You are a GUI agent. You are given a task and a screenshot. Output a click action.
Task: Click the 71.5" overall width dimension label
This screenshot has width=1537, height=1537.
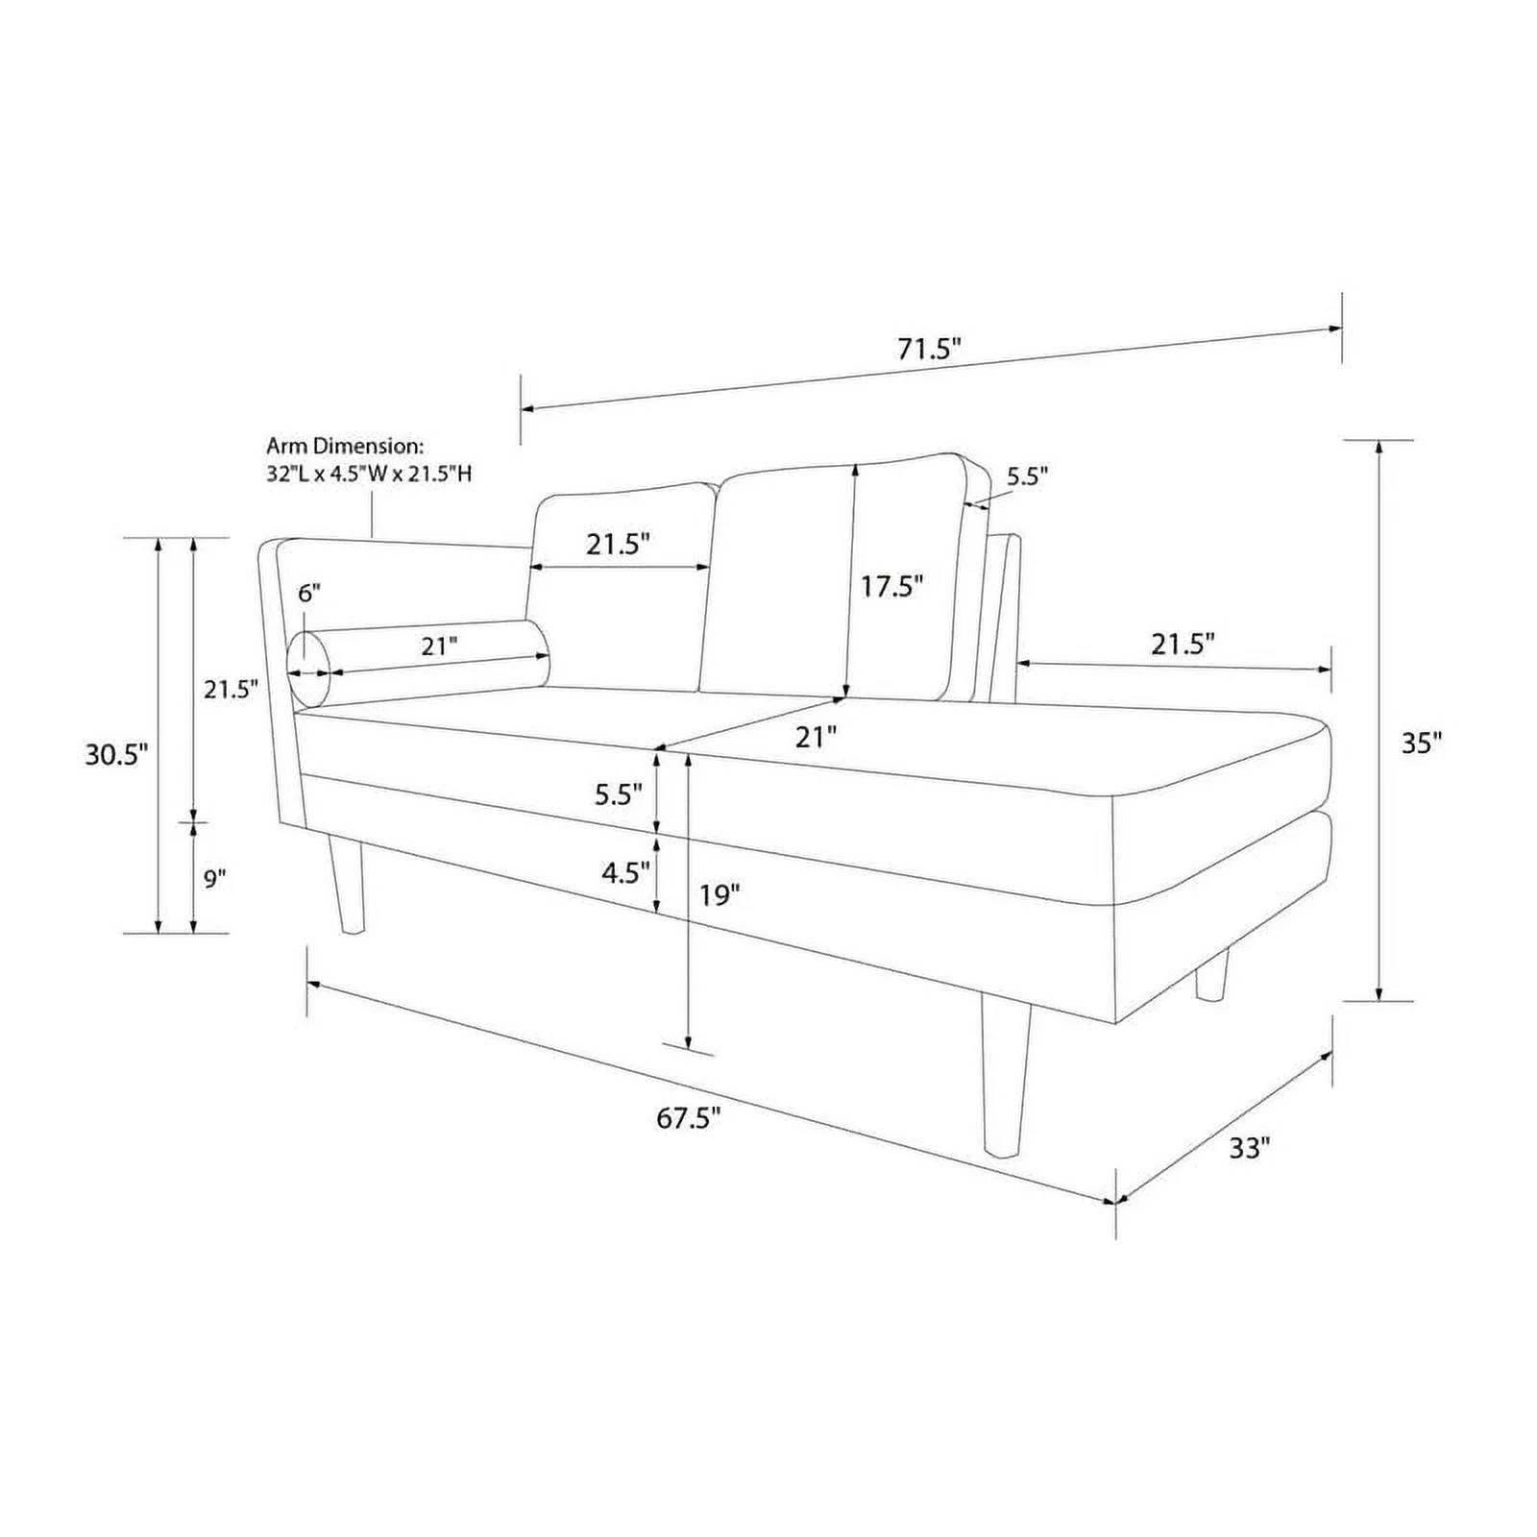point(929,349)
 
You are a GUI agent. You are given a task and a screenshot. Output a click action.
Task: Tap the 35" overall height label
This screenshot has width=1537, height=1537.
point(1421,743)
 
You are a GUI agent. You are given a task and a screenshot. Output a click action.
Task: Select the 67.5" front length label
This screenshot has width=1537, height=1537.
point(689,1118)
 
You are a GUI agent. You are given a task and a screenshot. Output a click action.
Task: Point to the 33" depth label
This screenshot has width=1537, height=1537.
point(1250,1147)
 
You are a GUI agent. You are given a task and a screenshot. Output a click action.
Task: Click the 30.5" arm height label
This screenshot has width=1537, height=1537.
point(116,754)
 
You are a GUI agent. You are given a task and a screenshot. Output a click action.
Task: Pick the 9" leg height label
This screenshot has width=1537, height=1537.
point(214,878)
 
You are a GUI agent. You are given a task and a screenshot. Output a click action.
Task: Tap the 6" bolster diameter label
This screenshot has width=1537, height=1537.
point(308,593)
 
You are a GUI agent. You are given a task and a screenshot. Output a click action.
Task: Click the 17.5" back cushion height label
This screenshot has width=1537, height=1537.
point(891,586)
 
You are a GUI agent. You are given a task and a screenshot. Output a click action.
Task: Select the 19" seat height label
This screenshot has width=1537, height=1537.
point(720,895)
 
